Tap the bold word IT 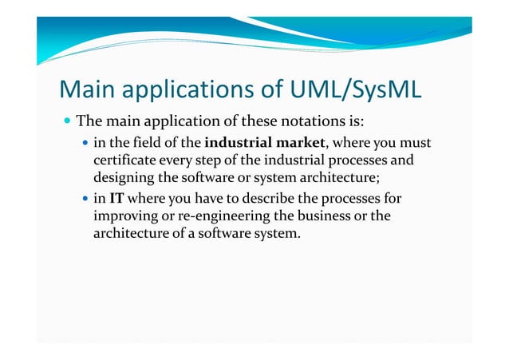click(116, 197)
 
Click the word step click(207, 160)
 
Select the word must click(414, 143)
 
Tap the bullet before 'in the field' click(85, 144)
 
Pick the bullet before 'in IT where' click(85, 198)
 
